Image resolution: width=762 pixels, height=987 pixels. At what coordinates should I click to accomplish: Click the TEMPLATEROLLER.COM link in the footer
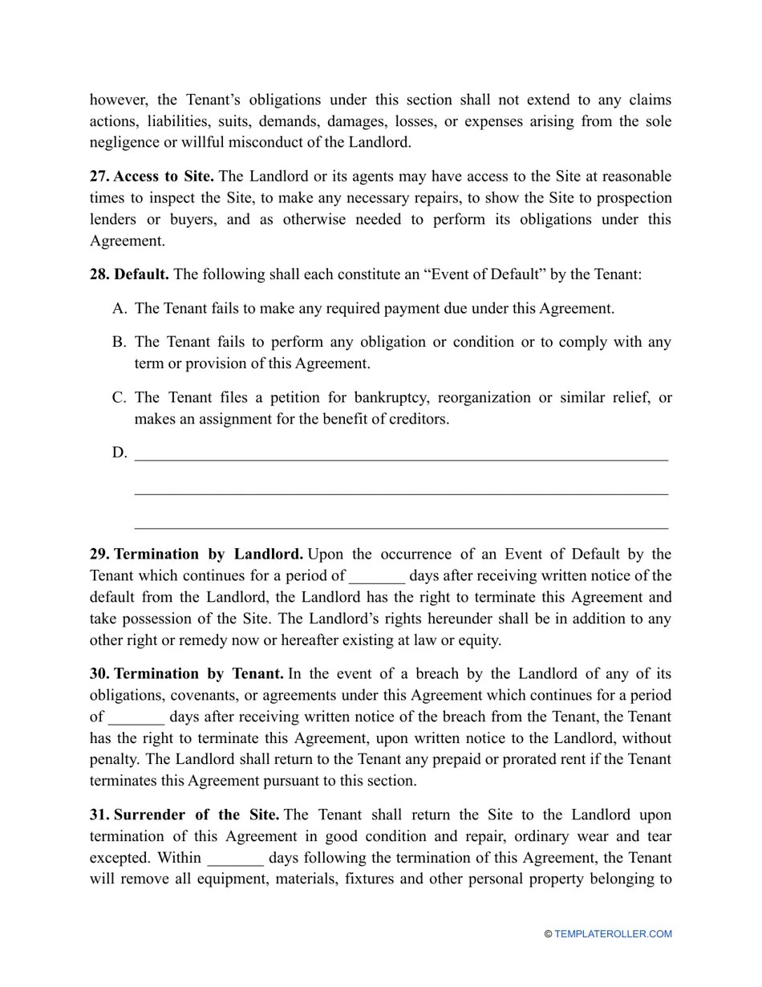click(613, 934)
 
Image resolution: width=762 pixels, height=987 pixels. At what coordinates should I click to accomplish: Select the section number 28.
click(99, 274)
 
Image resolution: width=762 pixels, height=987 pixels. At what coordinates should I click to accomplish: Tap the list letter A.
click(120, 309)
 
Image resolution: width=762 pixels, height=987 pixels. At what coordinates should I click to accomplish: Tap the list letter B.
click(120, 343)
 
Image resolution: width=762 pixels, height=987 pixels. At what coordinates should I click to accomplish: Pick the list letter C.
click(120, 398)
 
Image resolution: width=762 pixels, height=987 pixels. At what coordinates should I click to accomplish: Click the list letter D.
click(120, 453)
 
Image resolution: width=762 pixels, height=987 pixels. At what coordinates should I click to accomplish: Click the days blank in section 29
click(377, 577)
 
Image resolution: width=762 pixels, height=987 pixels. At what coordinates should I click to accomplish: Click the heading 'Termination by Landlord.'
click(209, 554)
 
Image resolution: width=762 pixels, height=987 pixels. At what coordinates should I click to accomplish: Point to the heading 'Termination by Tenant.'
click(199, 674)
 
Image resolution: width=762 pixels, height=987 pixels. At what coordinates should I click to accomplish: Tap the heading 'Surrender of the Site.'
click(197, 815)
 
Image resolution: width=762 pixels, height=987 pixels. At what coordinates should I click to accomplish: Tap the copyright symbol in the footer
click(548, 934)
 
